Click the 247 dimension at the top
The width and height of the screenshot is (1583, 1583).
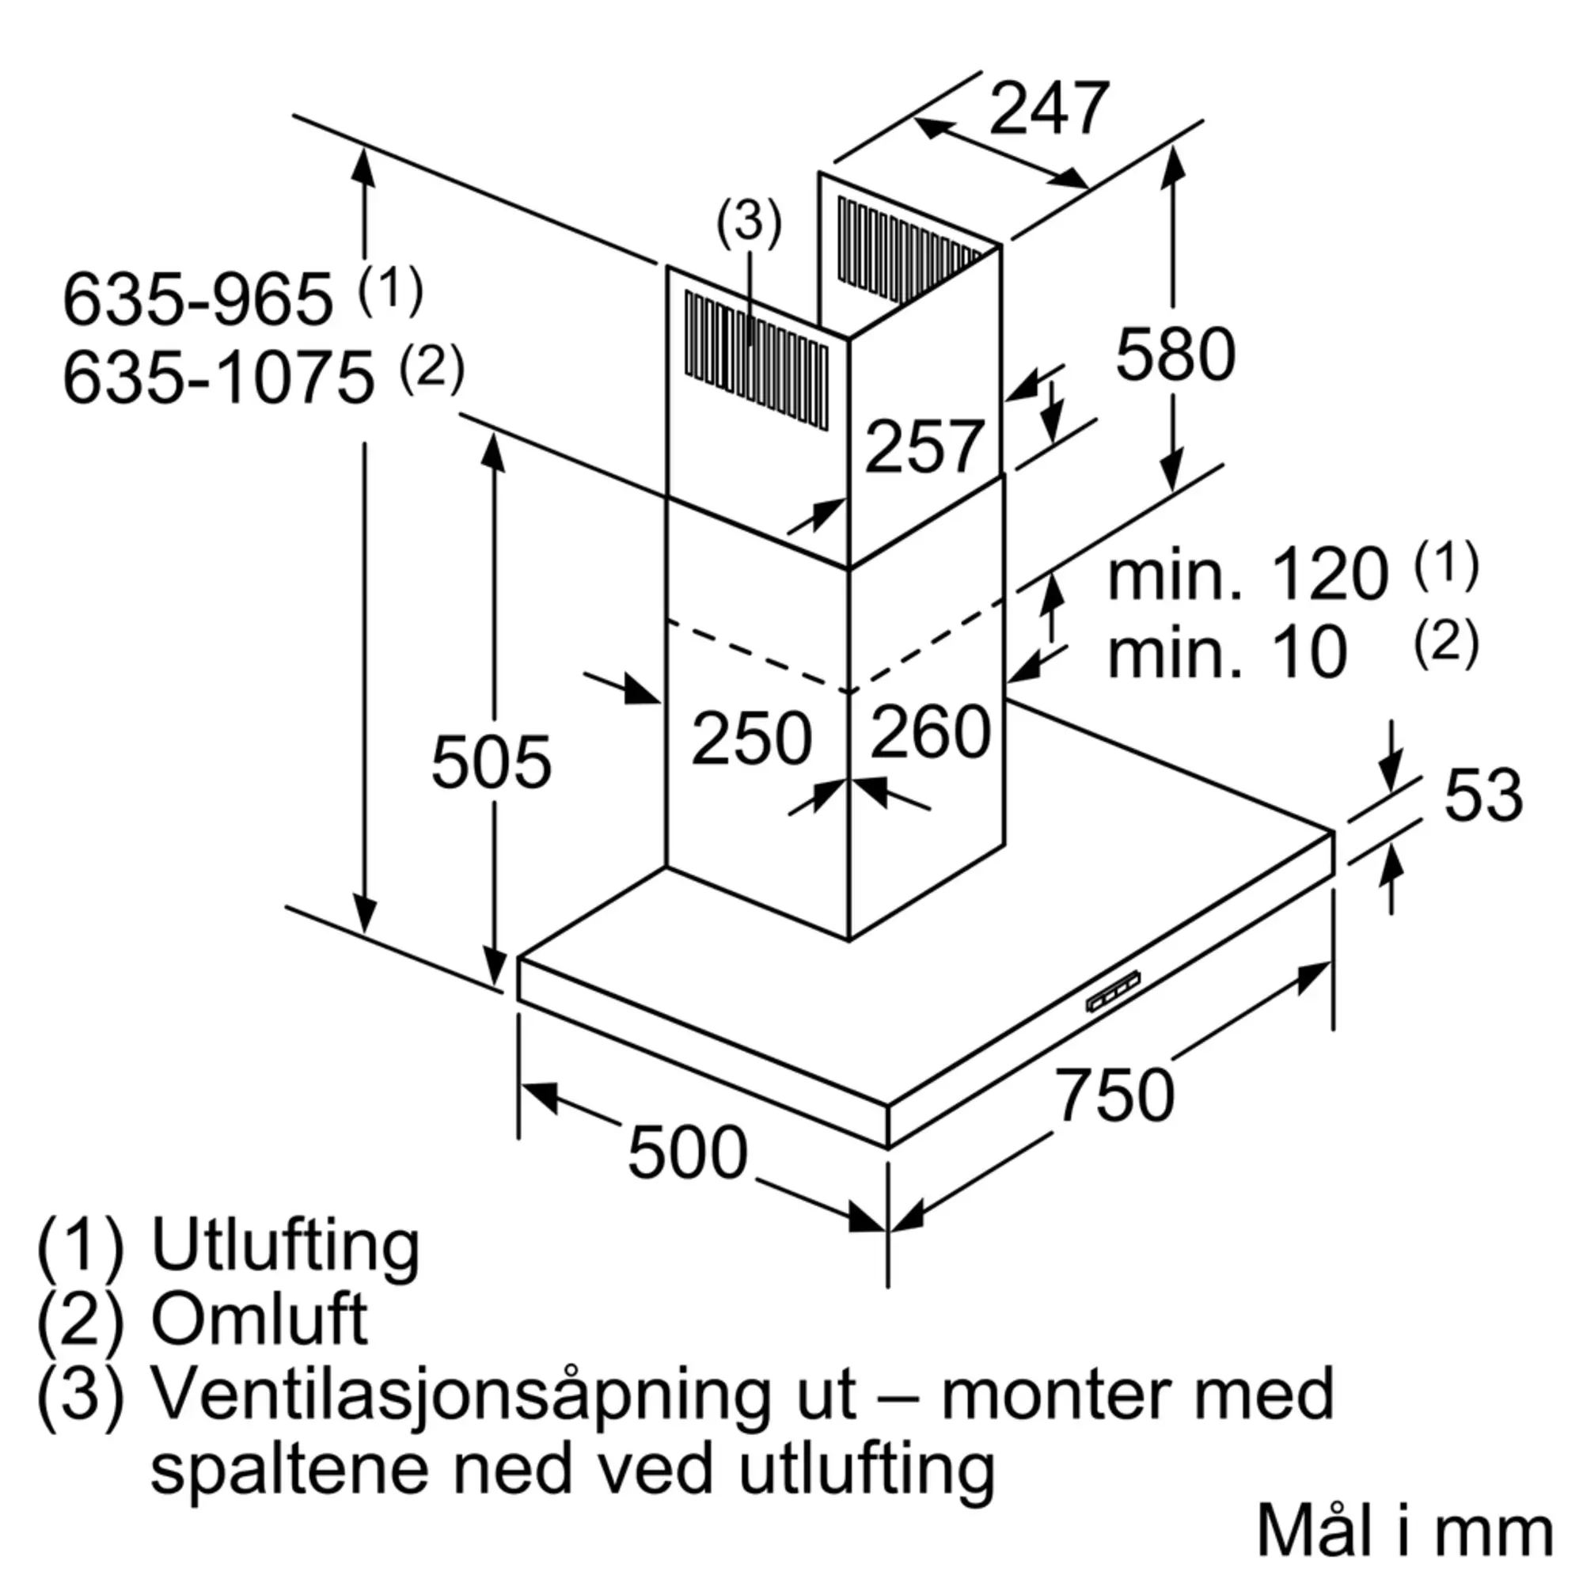1049,109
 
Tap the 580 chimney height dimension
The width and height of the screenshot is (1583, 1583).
1175,354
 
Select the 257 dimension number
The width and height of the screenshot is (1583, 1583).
924,446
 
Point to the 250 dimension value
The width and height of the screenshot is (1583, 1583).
750,739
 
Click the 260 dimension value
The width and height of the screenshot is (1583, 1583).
930,732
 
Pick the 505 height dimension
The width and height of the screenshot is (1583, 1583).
491,763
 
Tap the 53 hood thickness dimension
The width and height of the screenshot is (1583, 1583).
1483,795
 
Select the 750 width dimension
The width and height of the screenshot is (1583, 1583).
1114,1095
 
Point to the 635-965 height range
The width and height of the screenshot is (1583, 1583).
199,300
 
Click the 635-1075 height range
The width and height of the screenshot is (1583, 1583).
218,378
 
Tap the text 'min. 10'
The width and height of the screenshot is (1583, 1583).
1227,653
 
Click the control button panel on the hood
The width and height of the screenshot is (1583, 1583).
1114,992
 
